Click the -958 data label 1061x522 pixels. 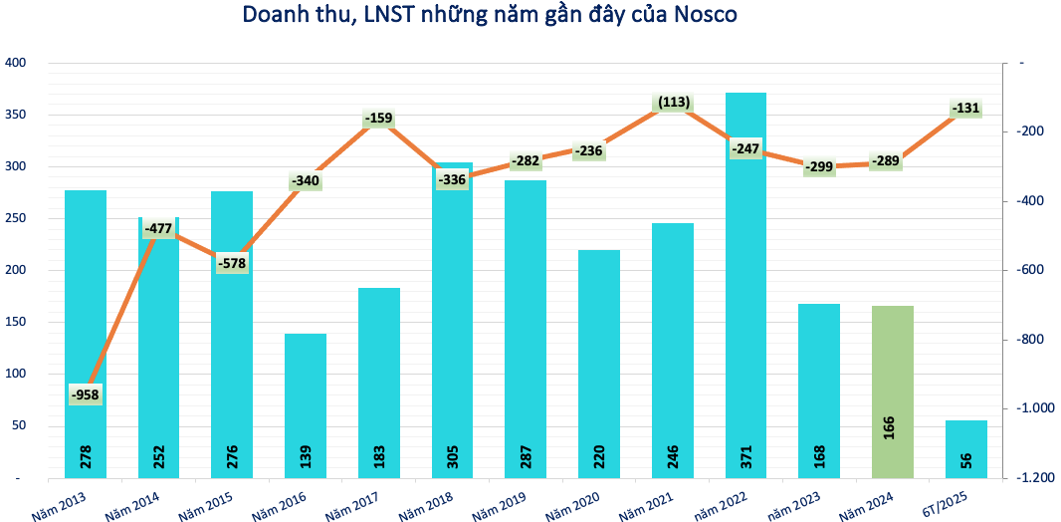point(87,395)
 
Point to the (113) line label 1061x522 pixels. point(673,102)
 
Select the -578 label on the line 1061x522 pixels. point(232,264)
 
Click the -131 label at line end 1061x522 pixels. point(966,109)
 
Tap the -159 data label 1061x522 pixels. point(379,119)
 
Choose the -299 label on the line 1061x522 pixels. point(818,166)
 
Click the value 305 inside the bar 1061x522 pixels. point(452,457)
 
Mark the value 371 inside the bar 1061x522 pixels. point(745,457)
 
